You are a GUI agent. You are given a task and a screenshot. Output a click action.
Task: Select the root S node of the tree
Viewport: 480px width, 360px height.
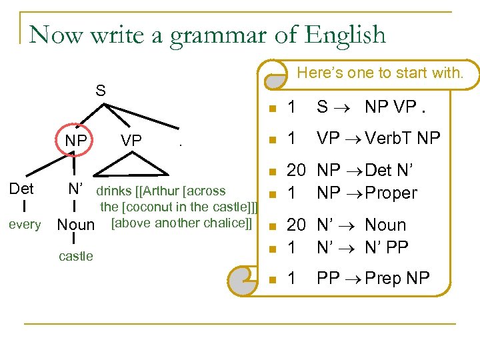click(x=101, y=90)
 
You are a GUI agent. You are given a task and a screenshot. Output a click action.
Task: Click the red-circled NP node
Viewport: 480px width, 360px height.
click(x=75, y=141)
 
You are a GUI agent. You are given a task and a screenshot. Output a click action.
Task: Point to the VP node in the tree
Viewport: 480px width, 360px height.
click(x=131, y=141)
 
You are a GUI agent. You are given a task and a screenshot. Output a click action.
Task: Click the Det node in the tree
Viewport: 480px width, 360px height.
click(x=22, y=189)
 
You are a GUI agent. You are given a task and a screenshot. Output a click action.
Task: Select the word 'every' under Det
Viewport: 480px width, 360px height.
click(x=24, y=225)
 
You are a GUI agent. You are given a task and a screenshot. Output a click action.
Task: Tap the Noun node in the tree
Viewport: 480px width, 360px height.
click(x=76, y=225)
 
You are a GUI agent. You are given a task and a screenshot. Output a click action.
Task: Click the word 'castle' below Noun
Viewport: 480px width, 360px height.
click(x=76, y=256)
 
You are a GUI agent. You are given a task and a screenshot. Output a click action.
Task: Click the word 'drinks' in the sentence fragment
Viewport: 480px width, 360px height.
click(x=114, y=192)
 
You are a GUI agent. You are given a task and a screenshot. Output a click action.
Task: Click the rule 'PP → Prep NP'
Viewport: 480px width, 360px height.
click(x=373, y=277)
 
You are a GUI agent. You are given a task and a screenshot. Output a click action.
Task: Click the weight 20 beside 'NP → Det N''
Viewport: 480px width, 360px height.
click(x=296, y=171)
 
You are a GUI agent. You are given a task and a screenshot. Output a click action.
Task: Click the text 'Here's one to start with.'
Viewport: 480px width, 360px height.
click(x=379, y=73)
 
